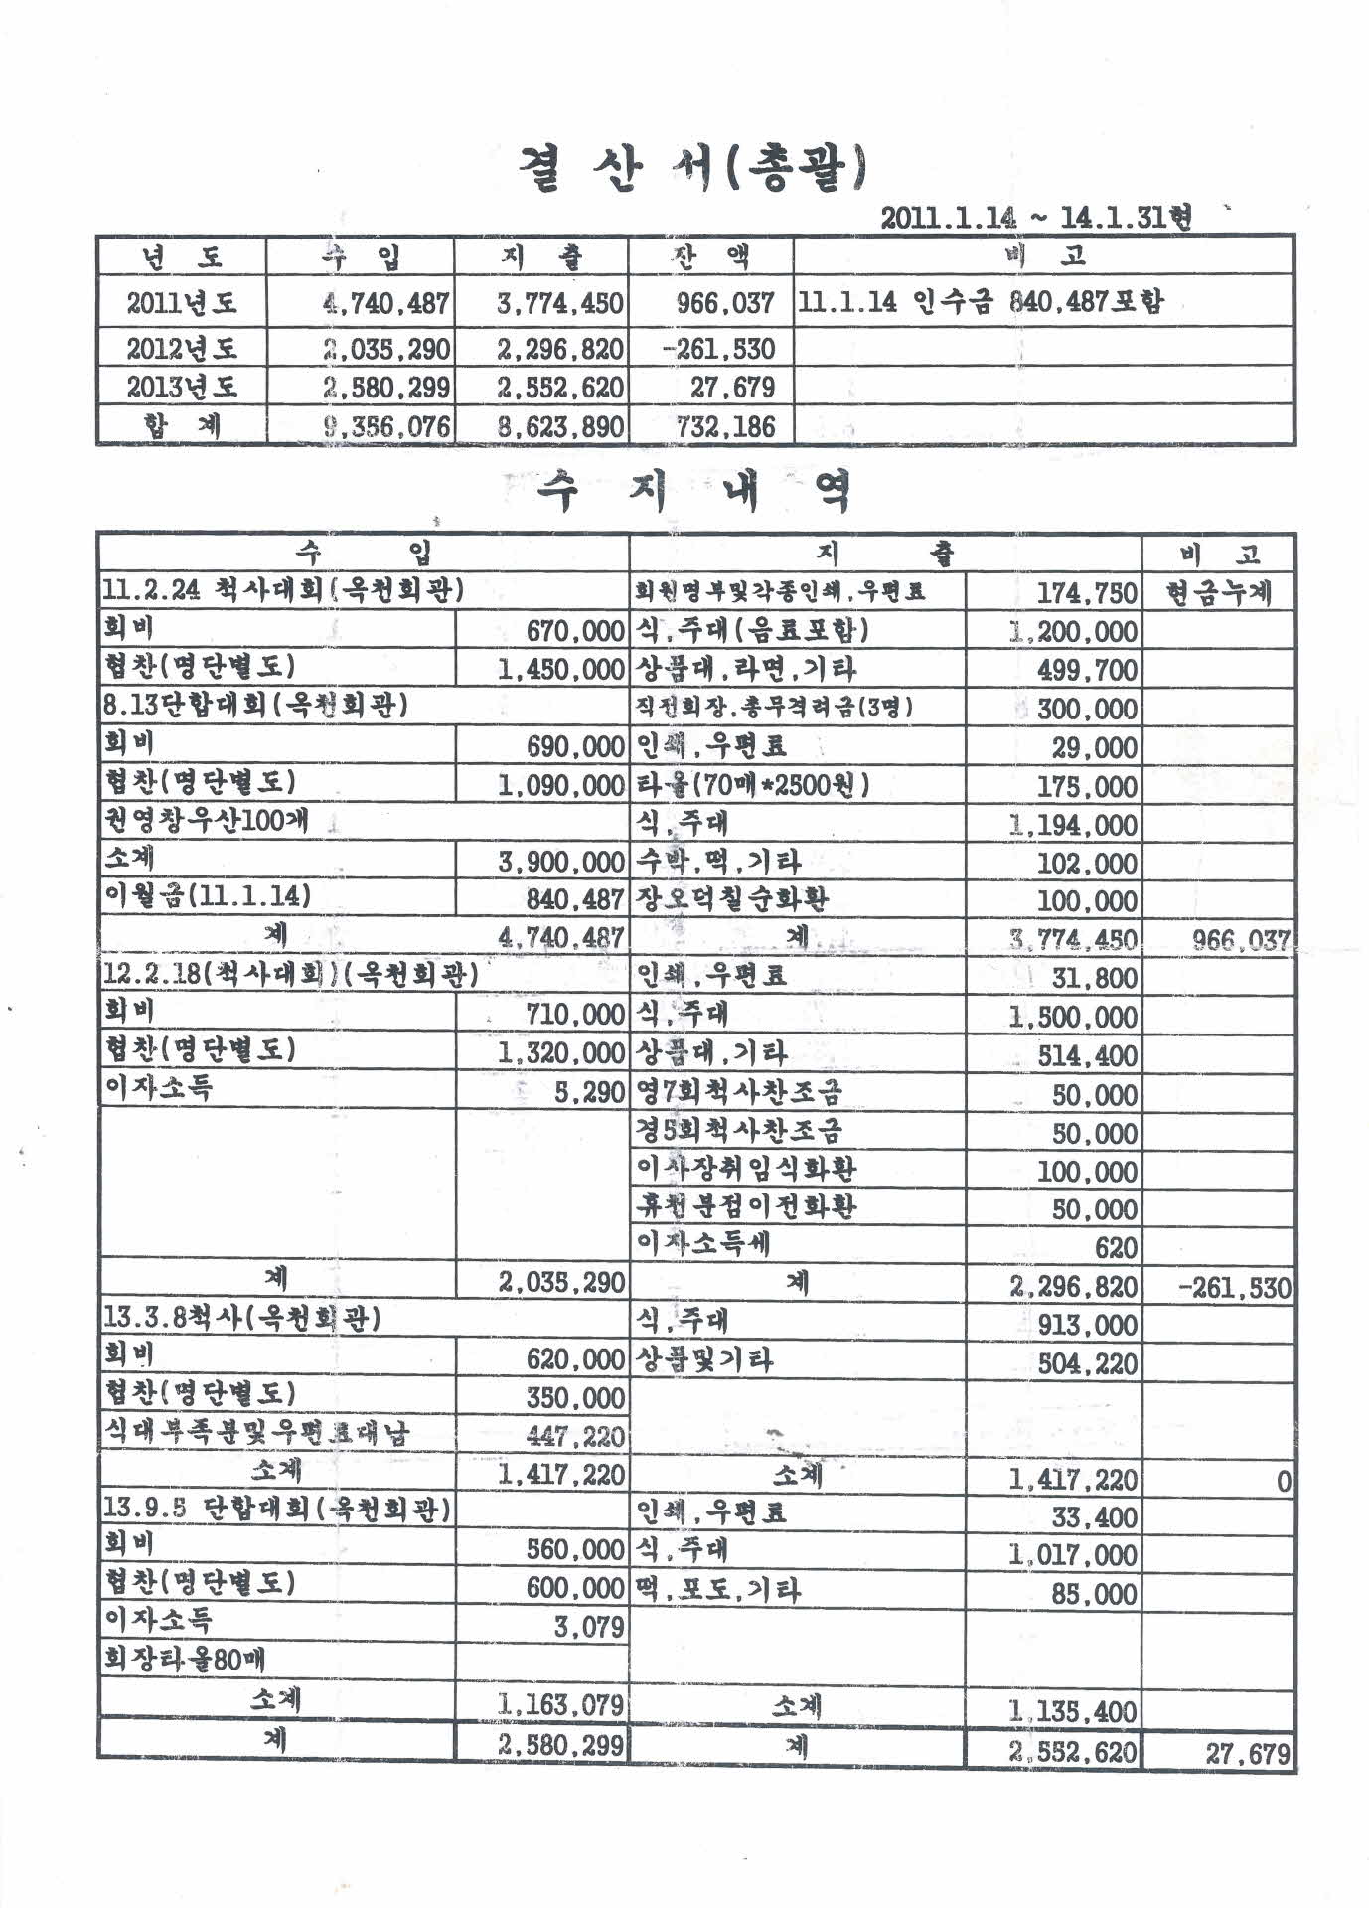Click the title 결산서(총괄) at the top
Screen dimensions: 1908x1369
pyautogui.click(x=692, y=169)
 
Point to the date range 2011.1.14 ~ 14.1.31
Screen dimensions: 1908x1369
pyautogui.click(x=1035, y=217)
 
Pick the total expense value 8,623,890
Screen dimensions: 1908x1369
pyautogui.click(x=560, y=427)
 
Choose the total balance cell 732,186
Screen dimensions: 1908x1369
pyautogui.click(x=713, y=427)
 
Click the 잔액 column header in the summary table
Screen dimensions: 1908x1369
pyautogui.click(x=709, y=257)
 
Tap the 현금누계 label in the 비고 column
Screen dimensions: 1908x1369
pyautogui.click(x=1219, y=594)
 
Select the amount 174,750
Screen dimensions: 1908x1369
pyautogui.click(x=1087, y=594)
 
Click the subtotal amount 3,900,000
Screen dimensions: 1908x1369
pyautogui.click(x=560, y=862)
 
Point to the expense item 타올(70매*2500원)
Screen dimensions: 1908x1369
pyautogui.click(x=752, y=785)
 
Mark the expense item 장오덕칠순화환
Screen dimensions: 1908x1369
pyautogui.click(x=732, y=899)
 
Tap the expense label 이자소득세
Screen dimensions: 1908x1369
pyautogui.click(x=702, y=1243)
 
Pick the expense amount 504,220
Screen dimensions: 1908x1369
pyautogui.click(x=1087, y=1362)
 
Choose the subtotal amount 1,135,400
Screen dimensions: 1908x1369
pyautogui.click(x=1073, y=1711)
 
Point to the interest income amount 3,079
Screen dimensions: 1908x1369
pyautogui.click(x=589, y=1626)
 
